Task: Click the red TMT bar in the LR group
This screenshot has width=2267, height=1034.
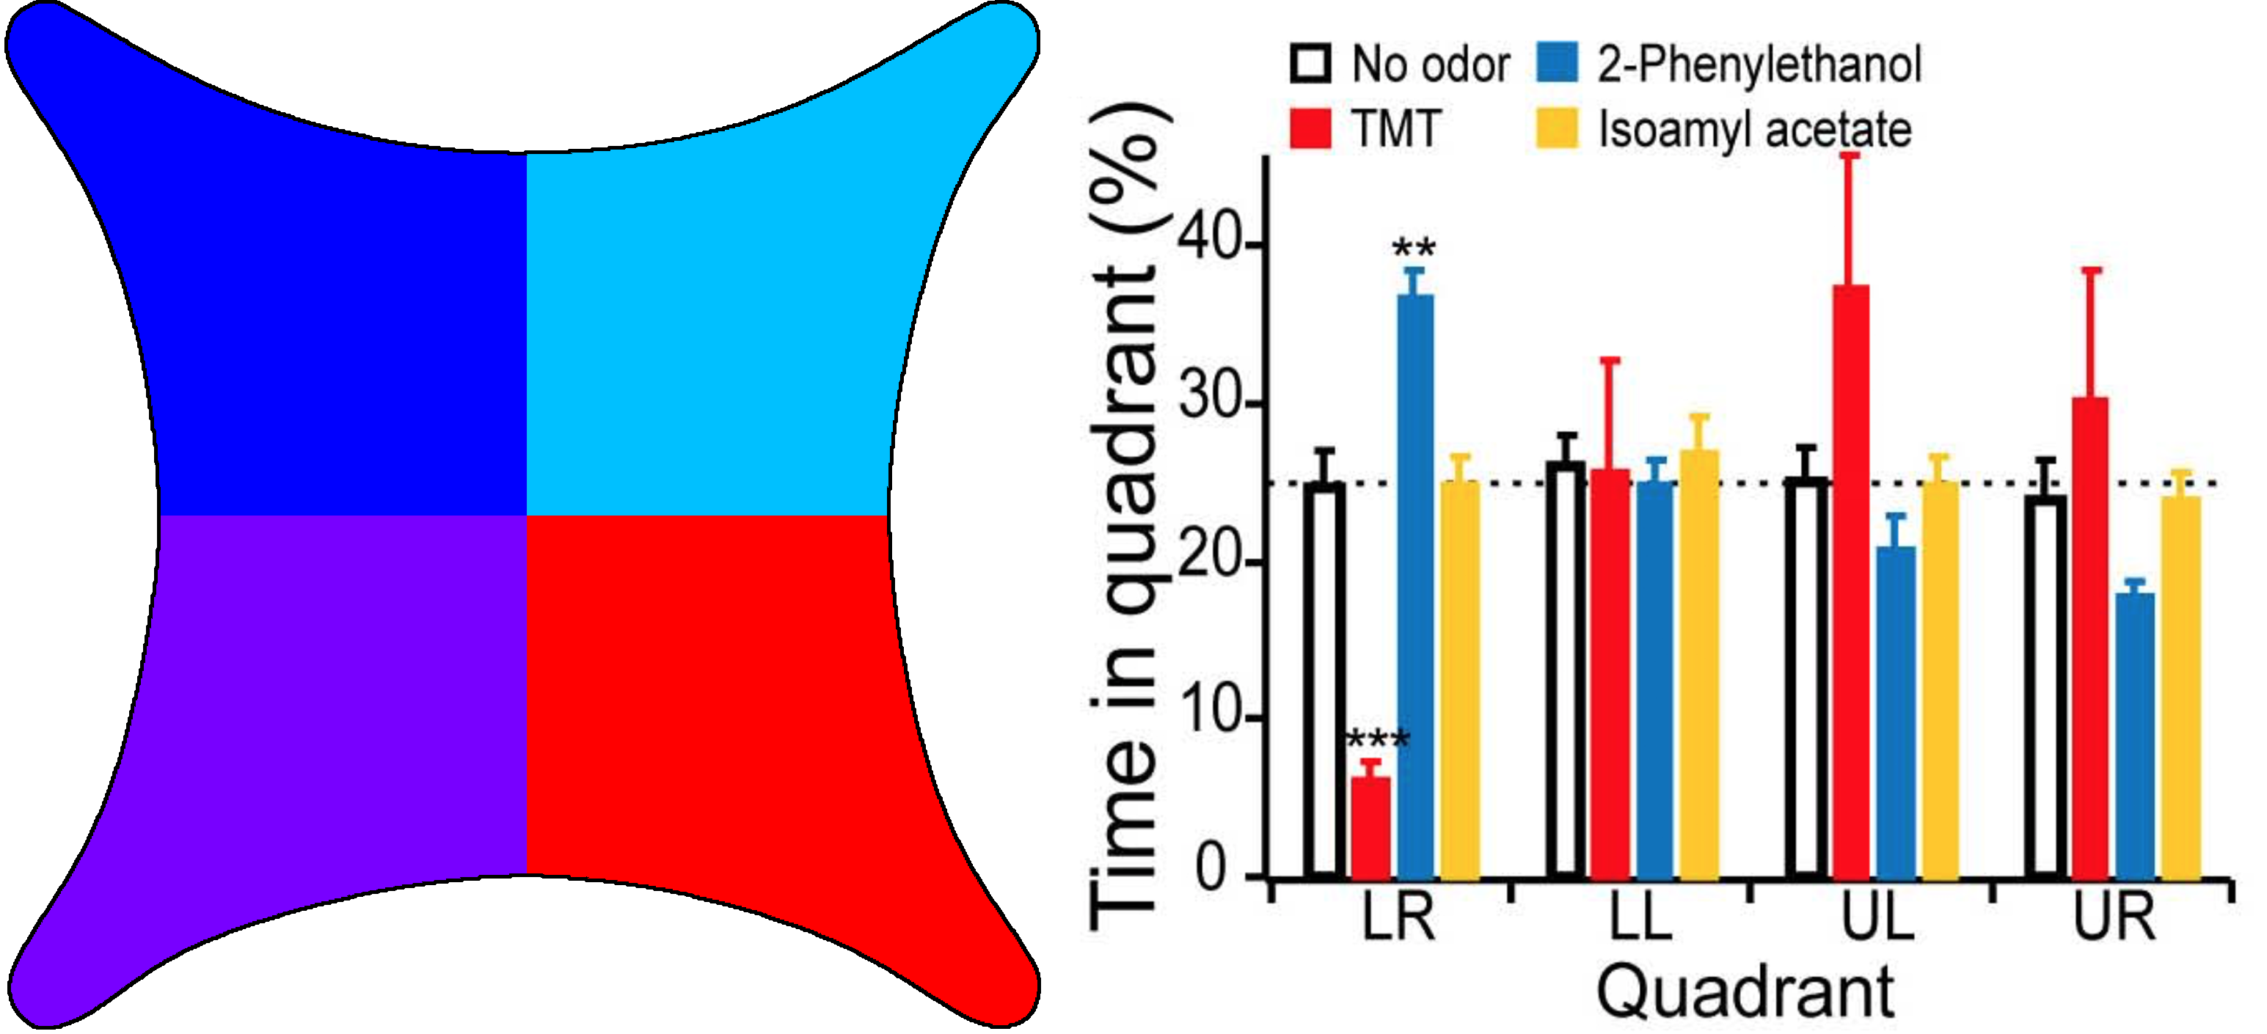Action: pos(1370,827)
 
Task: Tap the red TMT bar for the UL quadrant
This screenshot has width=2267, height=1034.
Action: pos(1851,581)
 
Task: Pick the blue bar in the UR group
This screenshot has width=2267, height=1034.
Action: pos(2135,735)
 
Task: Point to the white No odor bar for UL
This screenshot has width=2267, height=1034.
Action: pos(1805,678)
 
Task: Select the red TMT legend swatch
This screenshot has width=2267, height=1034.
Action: pos(1310,128)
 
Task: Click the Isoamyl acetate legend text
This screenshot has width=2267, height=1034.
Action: pos(1754,129)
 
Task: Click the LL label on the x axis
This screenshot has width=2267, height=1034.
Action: pos(1639,917)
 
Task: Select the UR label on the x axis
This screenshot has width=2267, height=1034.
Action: pos(2114,917)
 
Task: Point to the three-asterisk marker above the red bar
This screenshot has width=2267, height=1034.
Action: pos(1377,739)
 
